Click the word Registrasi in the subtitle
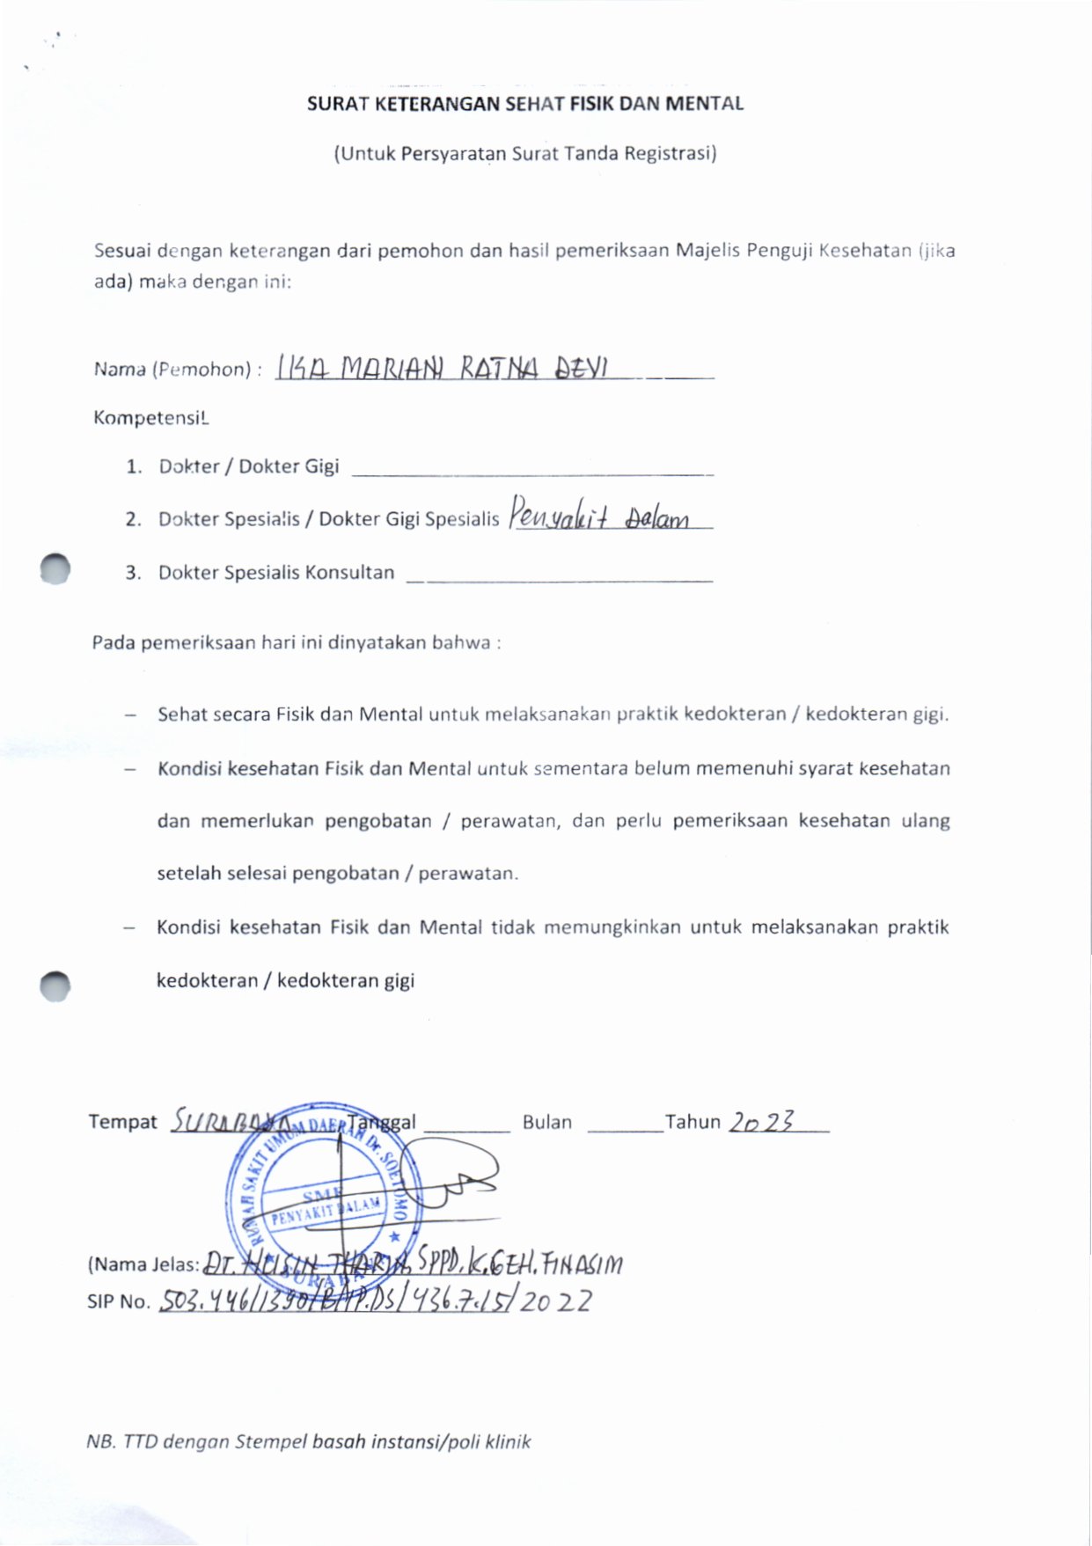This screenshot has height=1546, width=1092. click(670, 154)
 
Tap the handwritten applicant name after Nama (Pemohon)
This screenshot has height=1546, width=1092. click(442, 367)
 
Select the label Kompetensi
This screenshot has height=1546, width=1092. click(150, 418)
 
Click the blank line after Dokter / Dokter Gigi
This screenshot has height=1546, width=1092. click(531, 471)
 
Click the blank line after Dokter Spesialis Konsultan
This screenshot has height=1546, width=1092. click(560, 578)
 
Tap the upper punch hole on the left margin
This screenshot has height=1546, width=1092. click(55, 568)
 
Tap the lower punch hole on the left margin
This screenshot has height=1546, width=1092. click(55, 986)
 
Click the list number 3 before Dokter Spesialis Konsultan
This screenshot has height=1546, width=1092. click(133, 573)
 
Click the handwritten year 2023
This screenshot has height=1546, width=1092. click(762, 1121)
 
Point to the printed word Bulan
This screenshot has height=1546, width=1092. click(546, 1123)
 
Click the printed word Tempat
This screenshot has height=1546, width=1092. click(122, 1122)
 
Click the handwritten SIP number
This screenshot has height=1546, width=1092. click(375, 1301)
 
